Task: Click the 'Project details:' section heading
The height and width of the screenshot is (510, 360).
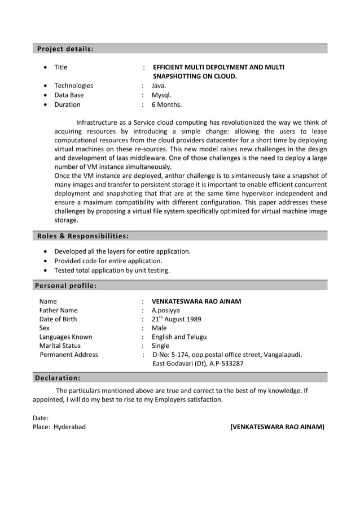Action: (65, 49)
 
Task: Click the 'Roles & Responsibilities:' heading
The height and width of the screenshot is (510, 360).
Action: (82, 236)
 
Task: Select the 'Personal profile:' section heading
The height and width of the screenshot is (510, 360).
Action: (66, 285)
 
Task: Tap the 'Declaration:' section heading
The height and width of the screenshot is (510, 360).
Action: (58, 377)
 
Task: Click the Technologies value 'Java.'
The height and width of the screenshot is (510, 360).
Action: (159, 86)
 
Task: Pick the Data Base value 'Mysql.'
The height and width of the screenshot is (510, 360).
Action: (161, 95)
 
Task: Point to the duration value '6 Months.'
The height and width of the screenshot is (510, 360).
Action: (166, 104)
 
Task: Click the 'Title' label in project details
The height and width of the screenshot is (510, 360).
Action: (60, 67)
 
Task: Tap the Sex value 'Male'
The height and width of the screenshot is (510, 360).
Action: (159, 328)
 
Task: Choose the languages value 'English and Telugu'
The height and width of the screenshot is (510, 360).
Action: (179, 337)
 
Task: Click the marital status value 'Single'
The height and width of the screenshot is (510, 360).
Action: (161, 346)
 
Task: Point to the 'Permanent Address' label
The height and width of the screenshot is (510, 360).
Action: (68, 355)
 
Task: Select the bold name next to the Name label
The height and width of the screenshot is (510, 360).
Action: (196, 301)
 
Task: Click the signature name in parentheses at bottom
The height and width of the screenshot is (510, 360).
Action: (277, 427)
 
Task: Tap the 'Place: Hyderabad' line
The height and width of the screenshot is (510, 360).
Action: (59, 427)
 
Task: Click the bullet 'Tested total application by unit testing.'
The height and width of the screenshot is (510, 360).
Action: (112, 270)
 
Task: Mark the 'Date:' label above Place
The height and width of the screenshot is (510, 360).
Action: (41, 418)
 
